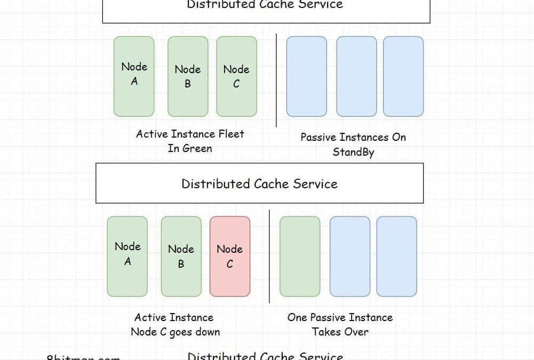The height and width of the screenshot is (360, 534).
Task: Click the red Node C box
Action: pyautogui.click(x=230, y=257)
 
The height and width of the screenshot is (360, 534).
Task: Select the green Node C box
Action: pyautogui.click(x=236, y=76)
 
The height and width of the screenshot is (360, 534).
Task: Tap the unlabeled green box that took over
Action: pyautogui.click(x=300, y=257)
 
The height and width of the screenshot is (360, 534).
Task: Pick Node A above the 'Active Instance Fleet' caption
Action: pyautogui.click(x=134, y=76)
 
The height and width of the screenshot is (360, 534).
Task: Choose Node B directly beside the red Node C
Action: pyautogui.click(x=181, y=257)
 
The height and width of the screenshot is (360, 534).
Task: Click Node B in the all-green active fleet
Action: pyautogui.click(x=188, y=76)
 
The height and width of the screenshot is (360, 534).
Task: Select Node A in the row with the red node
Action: pyautogui.click(x=127, y=257)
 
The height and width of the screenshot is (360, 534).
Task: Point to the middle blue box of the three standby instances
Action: pyautogui.click(x=356, y=76)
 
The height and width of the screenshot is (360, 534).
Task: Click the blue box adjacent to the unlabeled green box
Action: pyautogui.click(x=349, y=257)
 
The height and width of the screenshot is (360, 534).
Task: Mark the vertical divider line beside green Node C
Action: pyautogui.click(x=276, y=80)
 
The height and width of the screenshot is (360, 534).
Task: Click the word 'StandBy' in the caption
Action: pyautogui.click(x=353, y=152)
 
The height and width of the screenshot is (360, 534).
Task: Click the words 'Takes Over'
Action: pyautogui.click(x=340, y=332)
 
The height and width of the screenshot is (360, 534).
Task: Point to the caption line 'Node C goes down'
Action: pyautogui.click(x=175, y=332)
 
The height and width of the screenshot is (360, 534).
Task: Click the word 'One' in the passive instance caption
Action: pyautogui.click(x=297, y=317)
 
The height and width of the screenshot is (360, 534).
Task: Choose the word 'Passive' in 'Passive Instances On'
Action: pyautogui.click(x=318, y=137)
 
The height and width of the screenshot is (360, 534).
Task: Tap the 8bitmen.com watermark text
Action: pyautogui.click(x=83, y=358)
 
